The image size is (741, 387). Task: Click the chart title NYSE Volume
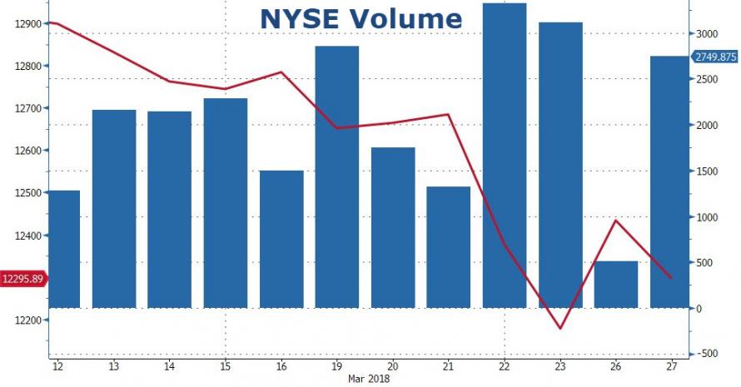click(x=361, y=18)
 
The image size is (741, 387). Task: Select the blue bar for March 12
click(x=64, y=250)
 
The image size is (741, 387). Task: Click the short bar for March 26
click(x=616, y=285)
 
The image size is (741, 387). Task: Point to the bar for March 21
click(x=449, y=247)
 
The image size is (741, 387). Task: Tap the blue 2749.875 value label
click(x=714, y=57)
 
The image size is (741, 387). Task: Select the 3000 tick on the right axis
click(x=706, y=33)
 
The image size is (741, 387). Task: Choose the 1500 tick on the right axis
click(x=706, y=171)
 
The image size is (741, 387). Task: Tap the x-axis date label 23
click(x=560, y=366)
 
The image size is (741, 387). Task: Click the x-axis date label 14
click(x=169, y=366)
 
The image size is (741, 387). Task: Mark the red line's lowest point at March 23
click(x=560, y=328)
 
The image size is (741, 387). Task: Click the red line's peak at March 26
click(x=616, y=221)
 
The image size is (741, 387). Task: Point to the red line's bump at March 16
click(x=281, y=72)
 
